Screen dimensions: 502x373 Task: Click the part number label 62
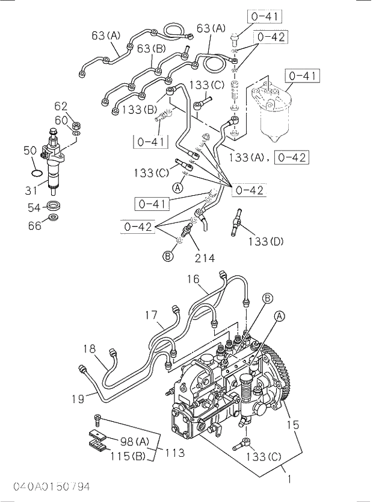point(61,107)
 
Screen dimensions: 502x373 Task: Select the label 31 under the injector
point(32,190)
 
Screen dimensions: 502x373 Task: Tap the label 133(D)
point(265,242)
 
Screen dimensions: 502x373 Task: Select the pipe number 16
point(193,279)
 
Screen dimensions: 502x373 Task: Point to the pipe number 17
point(150,315)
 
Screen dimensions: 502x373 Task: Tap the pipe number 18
point(90,348)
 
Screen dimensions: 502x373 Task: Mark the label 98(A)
point(134,441)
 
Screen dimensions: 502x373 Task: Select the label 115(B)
point(128,457)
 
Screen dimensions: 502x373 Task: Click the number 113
point(175,453)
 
